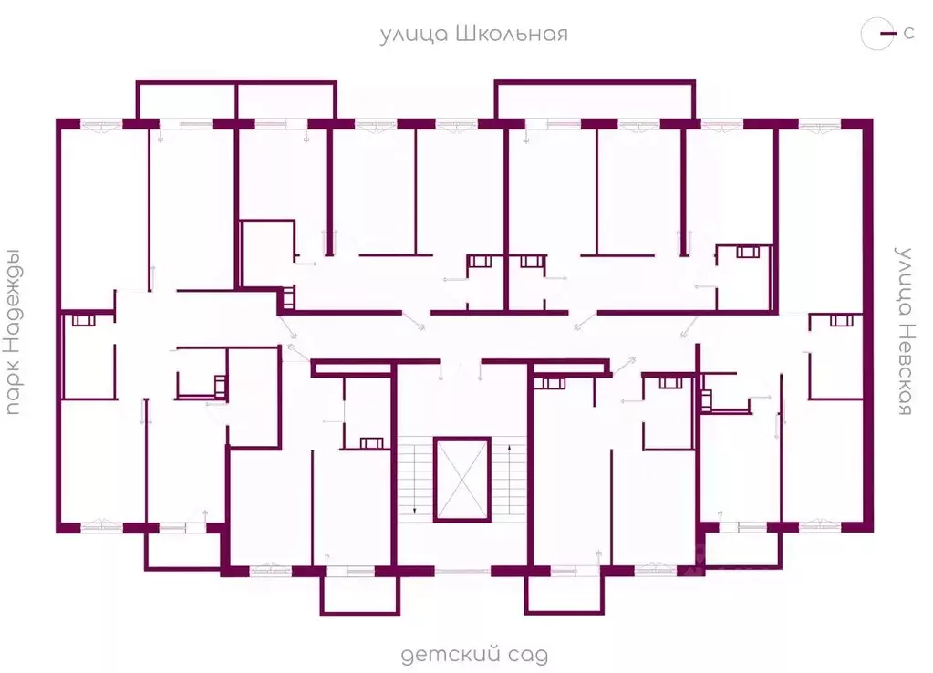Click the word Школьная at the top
[x=511, y=34]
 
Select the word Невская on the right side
[x=904, y=369]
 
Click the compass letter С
[x=908, y=34]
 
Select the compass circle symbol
[x=877, y=34]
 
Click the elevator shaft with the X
[x=461, y=480]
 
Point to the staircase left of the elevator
[x=415, y=480]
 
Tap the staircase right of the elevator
[x=509, y=480]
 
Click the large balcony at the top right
[x=595, y=99]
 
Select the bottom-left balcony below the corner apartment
[x=183, y=551]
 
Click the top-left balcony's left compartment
[x=187, y=100]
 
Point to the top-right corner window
[x=819, y=125]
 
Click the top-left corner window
[x=101, y=125]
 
